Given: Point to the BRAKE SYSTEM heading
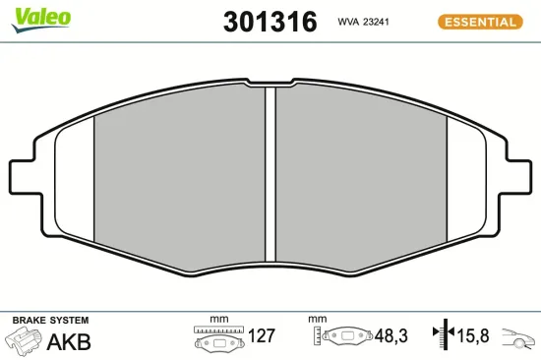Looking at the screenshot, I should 49,321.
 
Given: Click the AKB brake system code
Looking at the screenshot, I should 70,342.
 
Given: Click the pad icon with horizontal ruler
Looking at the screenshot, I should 216,339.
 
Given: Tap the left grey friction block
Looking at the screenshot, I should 177,172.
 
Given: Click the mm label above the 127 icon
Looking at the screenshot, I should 218,320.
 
